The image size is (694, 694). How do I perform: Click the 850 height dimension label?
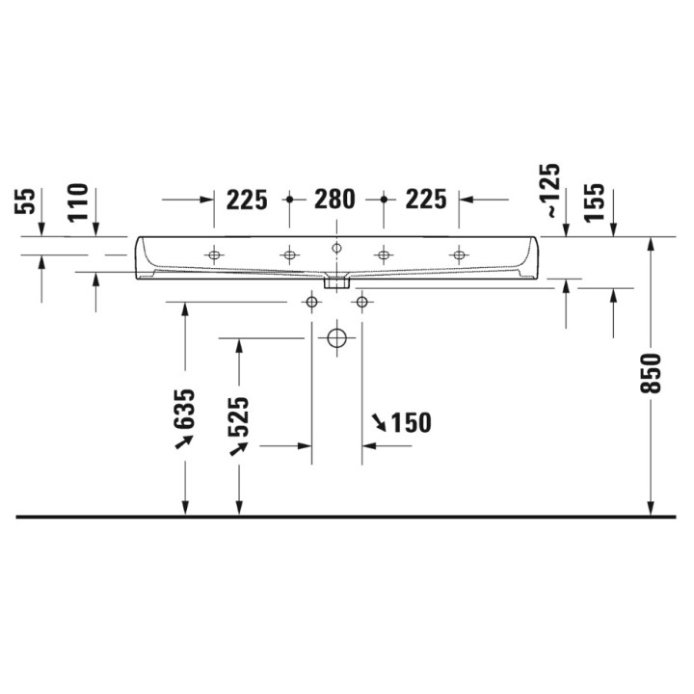point(652,373)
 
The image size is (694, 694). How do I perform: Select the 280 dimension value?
point(335,200)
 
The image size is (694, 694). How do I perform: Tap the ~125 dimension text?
point(548,191)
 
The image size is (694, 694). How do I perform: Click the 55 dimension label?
point(28,200)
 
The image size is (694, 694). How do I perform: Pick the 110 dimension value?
point(78,202)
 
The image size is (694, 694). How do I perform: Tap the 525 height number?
point(240,415)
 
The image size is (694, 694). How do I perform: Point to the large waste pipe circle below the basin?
point(336,338)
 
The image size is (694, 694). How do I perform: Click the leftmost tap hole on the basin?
point(213,254)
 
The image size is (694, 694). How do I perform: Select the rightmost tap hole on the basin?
point(459,254)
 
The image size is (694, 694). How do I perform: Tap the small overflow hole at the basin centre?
point(336,248)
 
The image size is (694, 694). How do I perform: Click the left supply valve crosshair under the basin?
point(311,303)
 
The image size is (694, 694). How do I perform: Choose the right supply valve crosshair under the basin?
point(361,303)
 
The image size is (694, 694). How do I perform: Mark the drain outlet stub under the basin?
point(336,282)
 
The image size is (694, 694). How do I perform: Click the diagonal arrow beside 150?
point(380,421)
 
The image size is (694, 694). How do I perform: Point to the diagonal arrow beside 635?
point(182,440)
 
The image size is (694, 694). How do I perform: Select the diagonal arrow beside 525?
point(235,448)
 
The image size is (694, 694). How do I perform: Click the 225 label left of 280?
point(247,200)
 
